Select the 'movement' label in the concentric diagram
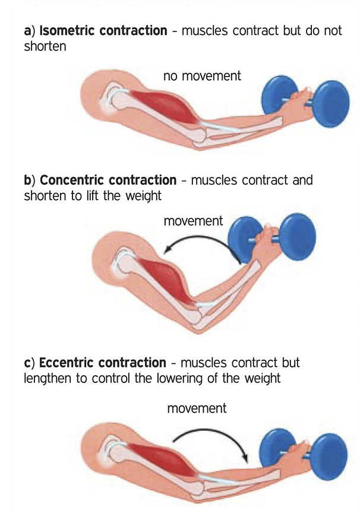coord(193,221)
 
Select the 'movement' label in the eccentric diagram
coord(197,408)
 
